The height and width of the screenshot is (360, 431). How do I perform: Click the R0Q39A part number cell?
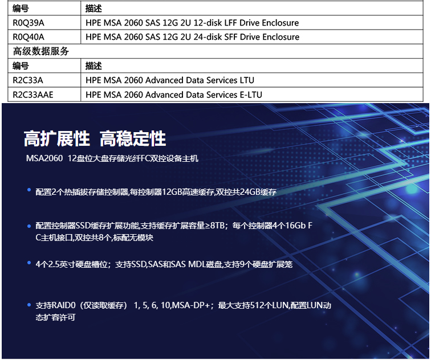[x=29, y=23]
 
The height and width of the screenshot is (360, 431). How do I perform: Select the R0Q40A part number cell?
[x=29, y=37]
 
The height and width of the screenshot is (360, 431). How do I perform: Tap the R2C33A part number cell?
[x=28, y=80]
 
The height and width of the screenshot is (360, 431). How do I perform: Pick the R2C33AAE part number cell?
[x=33, y=95]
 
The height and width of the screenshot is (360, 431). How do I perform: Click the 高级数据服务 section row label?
[x=40, y=51]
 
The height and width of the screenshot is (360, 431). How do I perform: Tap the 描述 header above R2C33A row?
[x=93, y=66]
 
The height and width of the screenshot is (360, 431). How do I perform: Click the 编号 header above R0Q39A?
[x=21, y=9]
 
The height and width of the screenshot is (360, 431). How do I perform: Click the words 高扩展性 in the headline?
[x=57, y=138]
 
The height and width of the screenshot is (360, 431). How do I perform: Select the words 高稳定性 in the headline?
[x=133, y=138]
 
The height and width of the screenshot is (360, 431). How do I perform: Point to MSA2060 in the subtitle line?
[x=44, y=158]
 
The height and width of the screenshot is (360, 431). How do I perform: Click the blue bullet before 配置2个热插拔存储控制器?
[x=29, y=190]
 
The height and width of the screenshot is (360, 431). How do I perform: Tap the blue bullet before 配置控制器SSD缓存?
[x=29, y=226]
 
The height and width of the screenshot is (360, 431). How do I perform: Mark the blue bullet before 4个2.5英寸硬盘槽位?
[x=29, y=263]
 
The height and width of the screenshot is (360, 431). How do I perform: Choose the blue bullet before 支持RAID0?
[x=29, y=305]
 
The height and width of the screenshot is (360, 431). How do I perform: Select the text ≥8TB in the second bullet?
[x=215, y=226]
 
